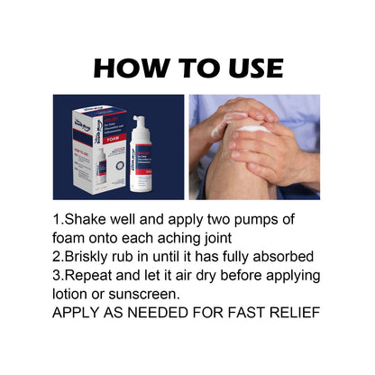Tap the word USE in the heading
(x=248, y=68)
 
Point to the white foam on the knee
(x=255, y=128)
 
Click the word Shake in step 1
(x=87, y=220)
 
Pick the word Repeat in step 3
(x=93, y=276)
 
